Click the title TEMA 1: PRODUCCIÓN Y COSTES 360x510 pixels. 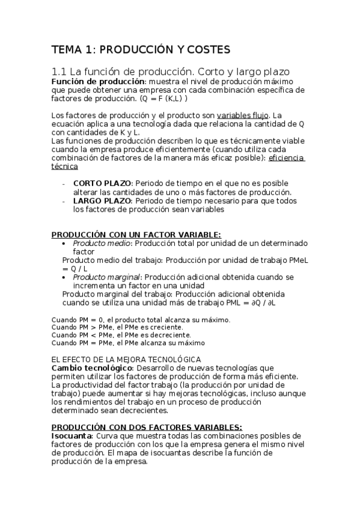pos(141,49)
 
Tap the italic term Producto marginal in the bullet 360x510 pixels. pos(106,277)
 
